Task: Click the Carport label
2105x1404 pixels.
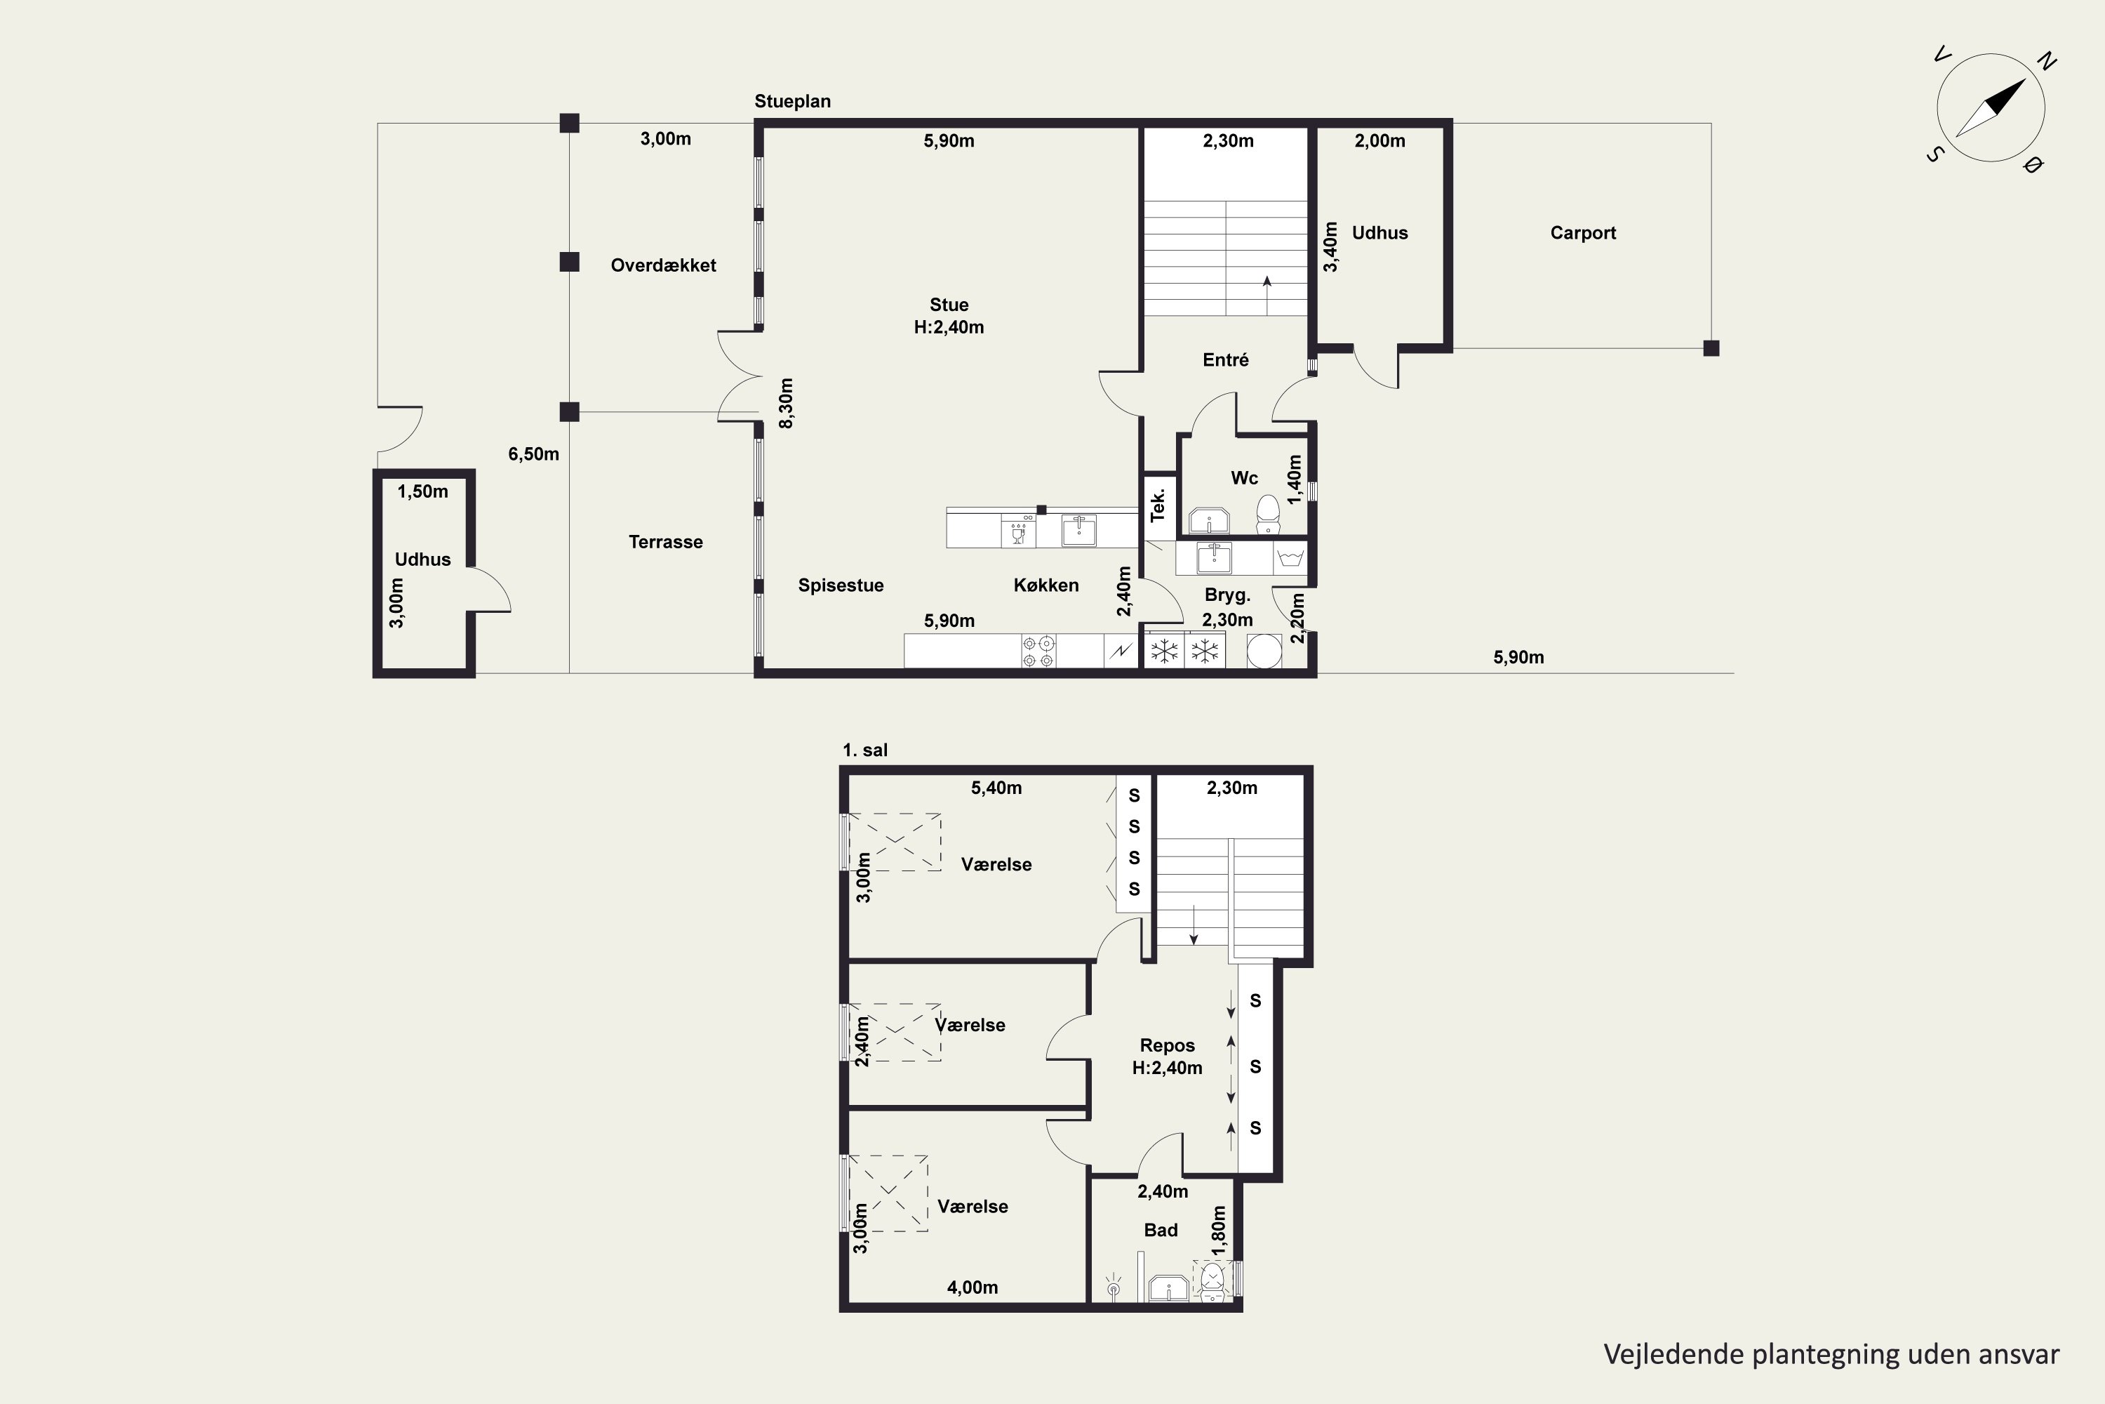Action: pyautogui.click(x=1582, y=233)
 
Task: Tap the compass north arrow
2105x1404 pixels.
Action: pyautogui.click(x=1991, y=108)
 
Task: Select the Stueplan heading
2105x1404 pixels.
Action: pyautogui.click(x=792, y=101)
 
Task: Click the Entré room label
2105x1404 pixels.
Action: pyautogui.click(x=1225, y=360)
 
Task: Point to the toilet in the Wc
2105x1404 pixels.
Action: pyautogui.click(x=1267, y=514)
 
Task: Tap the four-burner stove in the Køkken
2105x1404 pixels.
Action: pyautogui.click(x=1038, y=651)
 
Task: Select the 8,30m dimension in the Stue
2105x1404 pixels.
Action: pyautogui.click(x=786, y=403)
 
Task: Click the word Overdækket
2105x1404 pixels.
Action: pyautogui.click(x=663, y=265)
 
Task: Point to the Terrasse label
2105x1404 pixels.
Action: pyautogui.click(x=665, y=542)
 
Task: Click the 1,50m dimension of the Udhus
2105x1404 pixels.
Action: pyautogui.click(x=422, y=491)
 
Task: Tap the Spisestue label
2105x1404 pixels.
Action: pyautogui.click(x=841, y=585)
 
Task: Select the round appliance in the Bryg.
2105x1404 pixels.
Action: pyautogui.click(x=1264, y=651)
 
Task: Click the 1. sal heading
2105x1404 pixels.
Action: pyautogui.click(x=864, y=750)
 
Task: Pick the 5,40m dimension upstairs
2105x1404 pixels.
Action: pyautogui.click(x=996, y=788)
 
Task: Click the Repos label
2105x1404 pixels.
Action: pyautogui.click(x=1167, y=1045)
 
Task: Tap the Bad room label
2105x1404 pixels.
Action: pyautogui.click(x=1161, y=1231)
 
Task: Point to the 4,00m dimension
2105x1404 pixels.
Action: pyautogui.click(x=973, y=1287)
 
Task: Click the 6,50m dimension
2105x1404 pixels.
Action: pyautogui.click(x=533, y=454)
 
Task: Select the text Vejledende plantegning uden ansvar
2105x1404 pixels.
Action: pyautogui.click(x=1831, y=1354)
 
